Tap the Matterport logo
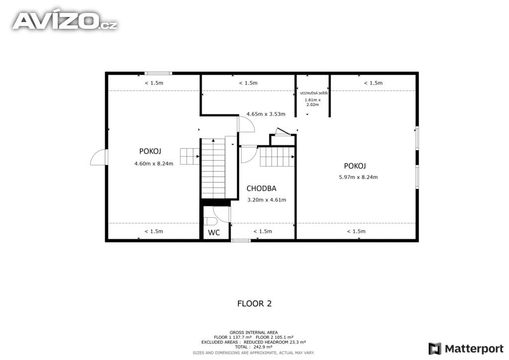tap(466, 349)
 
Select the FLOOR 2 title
tap(254, 303)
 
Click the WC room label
tap(214, 232)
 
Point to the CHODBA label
tap(261, 188)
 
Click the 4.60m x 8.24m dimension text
tap(154, 164)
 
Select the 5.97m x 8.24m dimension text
tap(358, 177)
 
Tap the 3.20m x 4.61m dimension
tap(267, 199)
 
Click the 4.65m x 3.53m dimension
tap(266, 114)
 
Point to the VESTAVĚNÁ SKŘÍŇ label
tap(314, 93)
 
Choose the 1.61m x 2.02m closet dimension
tap(313, 102)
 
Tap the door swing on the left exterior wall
tap(99, 157)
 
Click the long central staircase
tap(213, 168)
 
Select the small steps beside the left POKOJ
tap(190, 156)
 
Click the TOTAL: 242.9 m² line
tap(254, 347)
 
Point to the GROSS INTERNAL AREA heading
tap(254, 333)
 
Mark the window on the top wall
tap(159, 74)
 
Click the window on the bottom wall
tap(241, 241)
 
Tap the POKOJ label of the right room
tap(355, 166)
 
